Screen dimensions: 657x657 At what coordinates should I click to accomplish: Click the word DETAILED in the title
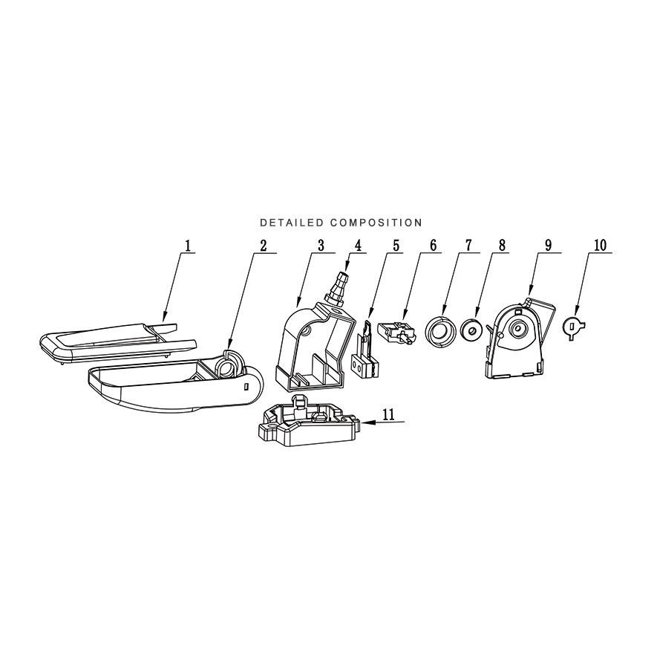click(292, 223)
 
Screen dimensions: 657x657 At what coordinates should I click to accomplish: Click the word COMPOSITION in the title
click(376, 223)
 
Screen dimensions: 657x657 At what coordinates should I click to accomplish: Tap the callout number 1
click(188, 245)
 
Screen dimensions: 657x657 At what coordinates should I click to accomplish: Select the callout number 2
click(263, 245)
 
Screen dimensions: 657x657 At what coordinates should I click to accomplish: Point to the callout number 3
click(321, 245)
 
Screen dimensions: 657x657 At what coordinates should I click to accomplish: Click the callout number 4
click(357, 245)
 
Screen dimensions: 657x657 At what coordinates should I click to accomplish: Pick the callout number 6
click(433, 245)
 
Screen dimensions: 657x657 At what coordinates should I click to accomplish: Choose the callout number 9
click(549, 245)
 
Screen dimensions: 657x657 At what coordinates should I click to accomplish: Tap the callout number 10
click(600, 245)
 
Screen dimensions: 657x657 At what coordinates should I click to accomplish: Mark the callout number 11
click(388, 414)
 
